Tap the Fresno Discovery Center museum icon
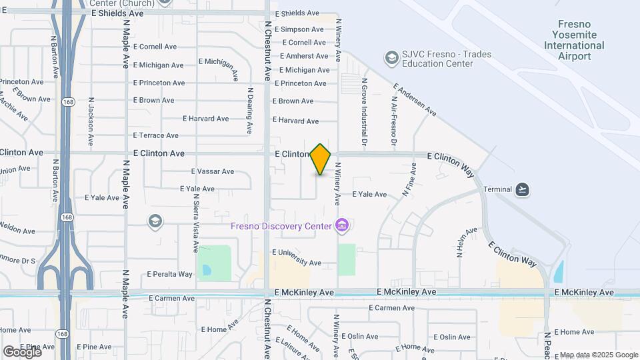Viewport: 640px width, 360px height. click(x=342, y=226)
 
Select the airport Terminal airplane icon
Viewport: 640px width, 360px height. click(x=523, y=189)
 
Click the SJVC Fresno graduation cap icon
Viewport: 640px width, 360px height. click(x=391, y=59)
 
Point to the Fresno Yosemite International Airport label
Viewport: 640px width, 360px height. click(x=574, y=40)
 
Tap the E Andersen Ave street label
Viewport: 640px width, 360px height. click(x=414, y=101)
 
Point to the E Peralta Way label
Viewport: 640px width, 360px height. click(x=169, y=274)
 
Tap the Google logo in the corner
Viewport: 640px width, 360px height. click(x=22, y=352)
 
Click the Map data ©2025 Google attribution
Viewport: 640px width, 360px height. click(x=599, y=355)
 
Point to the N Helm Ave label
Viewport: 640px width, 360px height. click(x=459, y=243)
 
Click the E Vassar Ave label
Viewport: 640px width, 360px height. click(x=213, y=171)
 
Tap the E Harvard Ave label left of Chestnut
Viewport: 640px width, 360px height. click(x=206, y=119)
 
